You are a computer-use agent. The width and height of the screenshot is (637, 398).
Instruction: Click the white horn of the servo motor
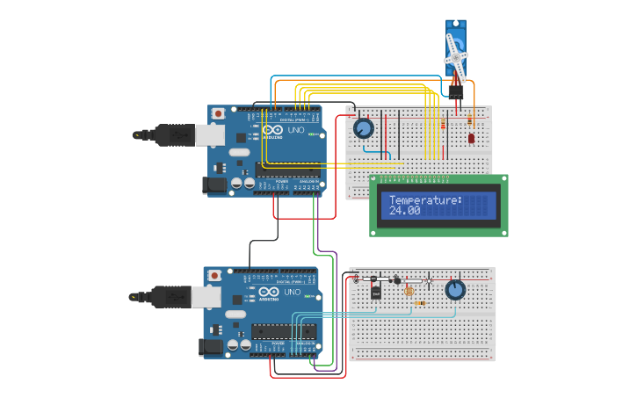pyautogui.click(x=456, y=55)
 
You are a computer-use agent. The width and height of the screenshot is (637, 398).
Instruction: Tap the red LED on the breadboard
pyautogui.click(x=472, y=138)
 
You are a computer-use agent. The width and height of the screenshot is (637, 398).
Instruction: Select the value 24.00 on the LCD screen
pyautogui.click(x=405, y=211)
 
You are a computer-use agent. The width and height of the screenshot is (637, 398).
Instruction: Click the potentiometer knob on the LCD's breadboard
pyautogui.click(x=363, y=129)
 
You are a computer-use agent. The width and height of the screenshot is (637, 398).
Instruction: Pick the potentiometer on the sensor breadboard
pyautogui.click(x=454, y=290)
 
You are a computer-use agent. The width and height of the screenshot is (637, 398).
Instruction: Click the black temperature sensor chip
pyautogui.click(x=375, y=291)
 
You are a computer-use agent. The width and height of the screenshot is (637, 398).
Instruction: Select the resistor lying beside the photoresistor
pyautogui.click(x=421, y=304)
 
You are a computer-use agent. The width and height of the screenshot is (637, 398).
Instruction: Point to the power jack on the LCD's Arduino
pyautogui.click(x=214, y=185)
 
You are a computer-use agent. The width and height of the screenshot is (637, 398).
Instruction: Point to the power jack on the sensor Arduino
pyautogui.click(x=211, y=347)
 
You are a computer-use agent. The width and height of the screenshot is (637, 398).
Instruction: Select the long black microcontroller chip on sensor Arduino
pyautogui.click(x=283, y=330)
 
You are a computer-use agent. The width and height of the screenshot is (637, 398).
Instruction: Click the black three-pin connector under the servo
pyautogui.click(x=456, y=92)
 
